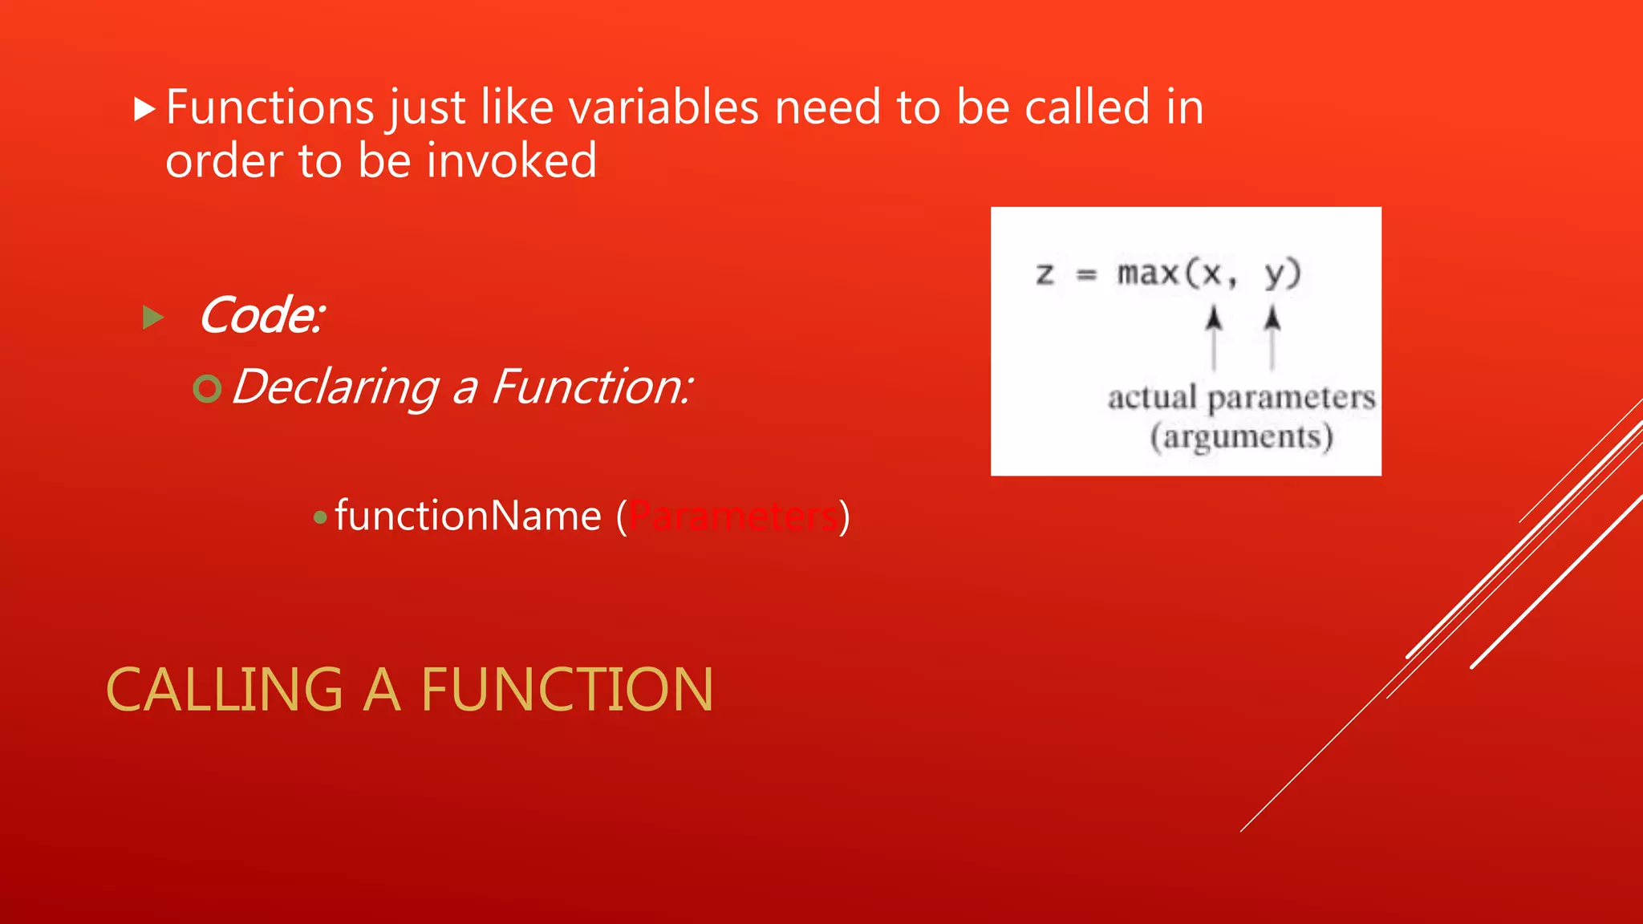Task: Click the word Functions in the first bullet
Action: point(270,107)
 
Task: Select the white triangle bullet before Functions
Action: point(144,109)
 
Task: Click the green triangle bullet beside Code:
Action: point(152,318)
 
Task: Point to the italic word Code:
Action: point(262,315)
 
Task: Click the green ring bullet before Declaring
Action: point(207,389)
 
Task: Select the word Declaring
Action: point(335,387)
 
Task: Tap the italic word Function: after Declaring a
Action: point(591,387)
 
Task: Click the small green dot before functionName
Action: point(320,518)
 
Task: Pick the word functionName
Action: point(468,516)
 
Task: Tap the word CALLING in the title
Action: point(225,690)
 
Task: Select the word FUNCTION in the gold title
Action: point(566,690)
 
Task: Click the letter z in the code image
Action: point(1044,274)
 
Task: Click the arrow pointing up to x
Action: point(1214,337)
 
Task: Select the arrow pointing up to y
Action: point(1272,337)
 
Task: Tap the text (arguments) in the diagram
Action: point(1241,437)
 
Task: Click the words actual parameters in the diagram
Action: point(1241,398)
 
